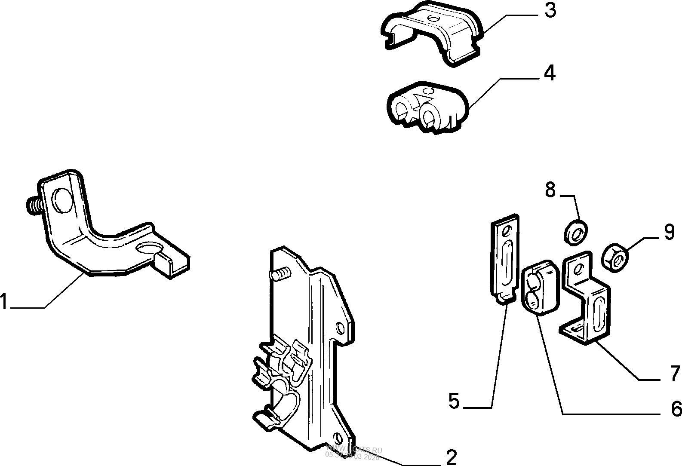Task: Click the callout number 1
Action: (4, 301)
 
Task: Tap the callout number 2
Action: (451, 457)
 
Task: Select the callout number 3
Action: (550, 11)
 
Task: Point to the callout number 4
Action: (549, 74)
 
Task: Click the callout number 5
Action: (454, 402)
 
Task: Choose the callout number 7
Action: (675, 373)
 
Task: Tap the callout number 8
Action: (550, 190)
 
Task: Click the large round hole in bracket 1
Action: (61, 200)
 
